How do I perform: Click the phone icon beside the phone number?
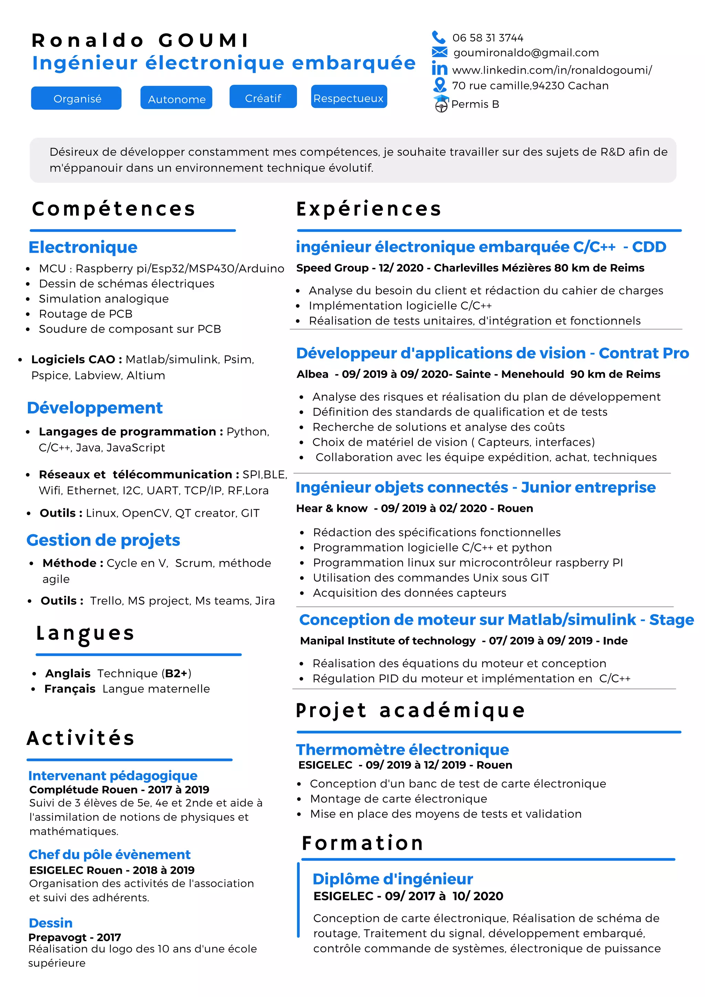pyautogui.click(x=439, y=37)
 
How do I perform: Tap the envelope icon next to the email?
pyautogui.click(x=439, y=53)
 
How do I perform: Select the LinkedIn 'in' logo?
pyautogui.click(x=439, y=69)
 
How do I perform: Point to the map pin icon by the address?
pyautogui.click(x=440, y=84)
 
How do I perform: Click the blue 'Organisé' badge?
pyautogui.click(x=76, y=98)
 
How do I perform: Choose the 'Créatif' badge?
pyautogui.click(x=263, y=98)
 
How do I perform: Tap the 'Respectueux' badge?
pyautogui.click(x=349, y=98)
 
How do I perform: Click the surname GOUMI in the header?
pyautogui.click(x=203, y=40)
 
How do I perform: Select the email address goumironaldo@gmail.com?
pyautogui.click(x=526, y=53)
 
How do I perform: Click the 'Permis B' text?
pyautogui.click(x=475, y=104)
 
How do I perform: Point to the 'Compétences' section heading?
pyautogui.click(x=114, y=209)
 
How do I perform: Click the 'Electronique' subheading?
pyautogui.click(x=83, y=247)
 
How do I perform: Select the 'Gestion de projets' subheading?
pyautogui.click(x=103, y=540)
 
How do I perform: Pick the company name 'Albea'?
pyautogui.click(x=313, y=374)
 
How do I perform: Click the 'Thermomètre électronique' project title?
pyautogui.click(x=402, y=749)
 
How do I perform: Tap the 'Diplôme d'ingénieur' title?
pyautogui.click(x=393, y=879)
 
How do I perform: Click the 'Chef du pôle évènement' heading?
pyautogui.click(x=109, y=854)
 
